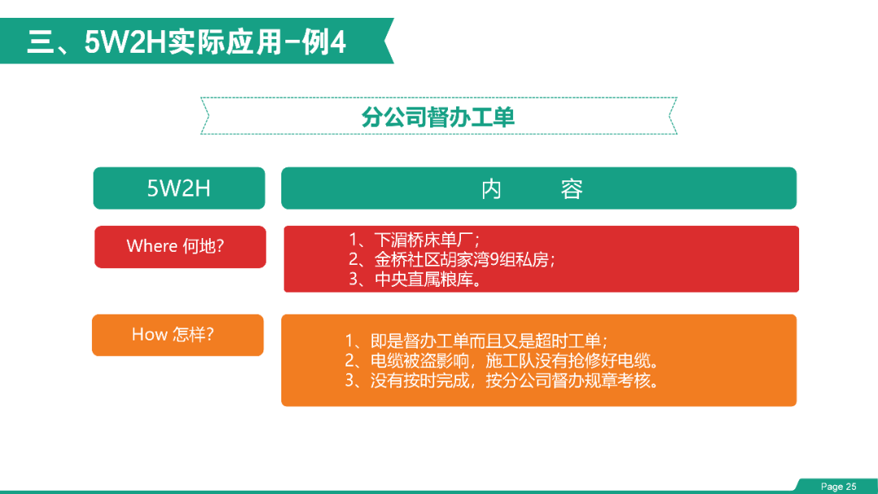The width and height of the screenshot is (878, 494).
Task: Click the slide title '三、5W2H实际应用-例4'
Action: (186, 42)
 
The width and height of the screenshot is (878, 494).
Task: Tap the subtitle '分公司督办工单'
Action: (438, 117)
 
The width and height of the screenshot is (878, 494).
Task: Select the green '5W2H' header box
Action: (179, 188)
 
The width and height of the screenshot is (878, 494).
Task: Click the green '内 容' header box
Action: (539, 188)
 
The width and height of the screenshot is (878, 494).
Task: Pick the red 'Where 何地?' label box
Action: (180, 247)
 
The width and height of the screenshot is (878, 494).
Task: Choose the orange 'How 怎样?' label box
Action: (177, 335)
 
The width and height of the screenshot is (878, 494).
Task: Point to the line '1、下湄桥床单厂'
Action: (414, 240)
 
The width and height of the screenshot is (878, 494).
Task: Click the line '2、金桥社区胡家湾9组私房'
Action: (451, 259)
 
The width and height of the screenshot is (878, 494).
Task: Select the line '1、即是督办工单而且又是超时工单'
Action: (476, 340)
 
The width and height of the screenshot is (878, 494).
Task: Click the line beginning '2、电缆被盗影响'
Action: (502, 360)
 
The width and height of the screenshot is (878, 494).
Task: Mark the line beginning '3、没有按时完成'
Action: (502, 380)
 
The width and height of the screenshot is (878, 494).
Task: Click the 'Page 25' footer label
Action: (838, 487)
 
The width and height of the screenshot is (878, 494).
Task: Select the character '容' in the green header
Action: (572, 189)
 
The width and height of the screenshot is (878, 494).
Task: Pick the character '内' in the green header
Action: (491, 189)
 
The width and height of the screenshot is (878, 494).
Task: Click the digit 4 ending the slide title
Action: (338, 42)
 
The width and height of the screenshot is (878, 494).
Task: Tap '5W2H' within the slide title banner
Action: (125, 42)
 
